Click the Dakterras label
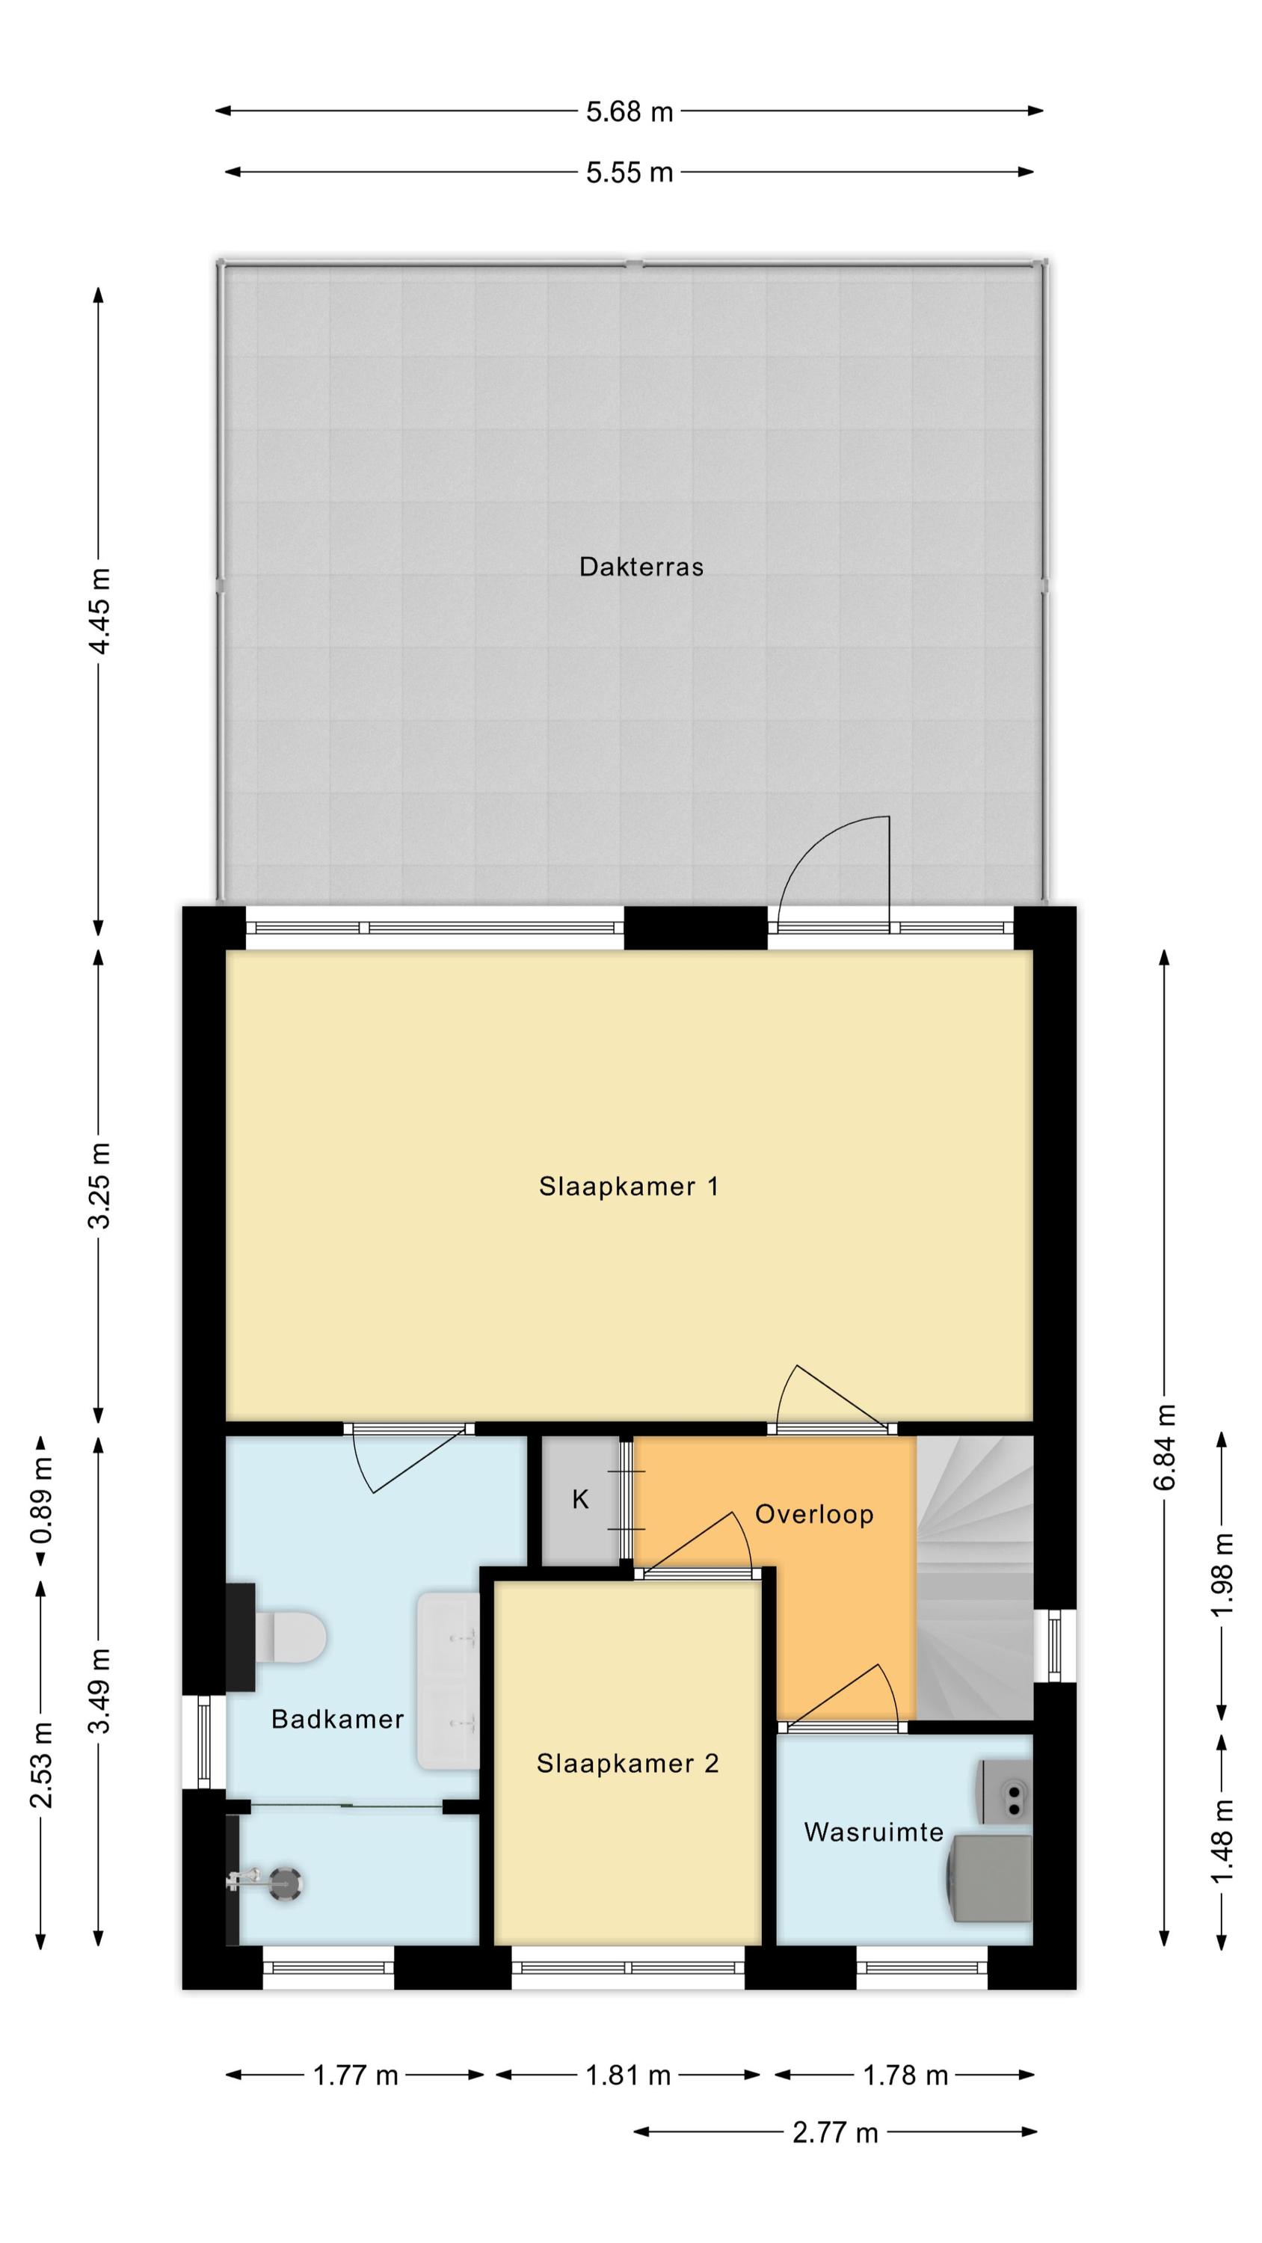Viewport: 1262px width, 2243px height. click(x=641, y=567)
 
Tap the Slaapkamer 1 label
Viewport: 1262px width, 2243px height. click(x=629, y=1186)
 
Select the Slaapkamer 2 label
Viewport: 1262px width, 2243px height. click(x=627, y=1763)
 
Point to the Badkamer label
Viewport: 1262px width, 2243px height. click(x=338, y=1719)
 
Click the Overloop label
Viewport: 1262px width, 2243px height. click(x=814, y=1514)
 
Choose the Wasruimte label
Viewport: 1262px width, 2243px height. click(x=873, y=1832)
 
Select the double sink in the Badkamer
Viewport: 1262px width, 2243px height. click(x=449, y=1681)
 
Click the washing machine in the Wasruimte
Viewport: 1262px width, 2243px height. click(x=991, y=1878)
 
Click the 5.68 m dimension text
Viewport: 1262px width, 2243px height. click(x=630, y=111)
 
